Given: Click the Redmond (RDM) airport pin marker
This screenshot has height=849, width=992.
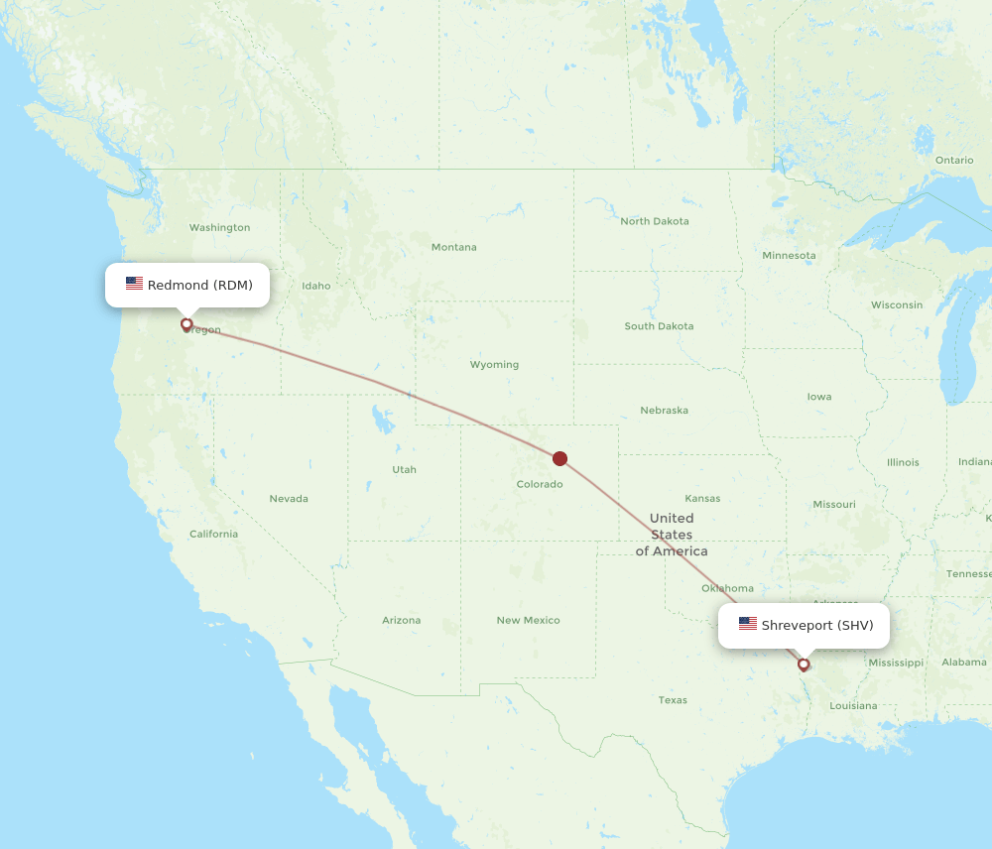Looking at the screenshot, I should click(x=186, y=324).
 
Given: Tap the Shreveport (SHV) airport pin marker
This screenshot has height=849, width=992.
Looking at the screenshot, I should click(x=804, y=665).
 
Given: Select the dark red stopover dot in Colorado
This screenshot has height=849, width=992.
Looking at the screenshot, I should click(x=559, y=458).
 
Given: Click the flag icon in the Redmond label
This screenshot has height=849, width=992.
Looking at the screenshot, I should click(x=134, y=285).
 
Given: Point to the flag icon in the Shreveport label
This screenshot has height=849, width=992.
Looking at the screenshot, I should click(x=748, y=625).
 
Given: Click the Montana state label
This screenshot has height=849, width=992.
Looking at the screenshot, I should click(x=453, y=247).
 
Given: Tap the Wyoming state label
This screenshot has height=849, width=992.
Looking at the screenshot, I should click(x=494, y=364).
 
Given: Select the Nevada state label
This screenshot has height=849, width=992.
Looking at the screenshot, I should click(x=289, y=498).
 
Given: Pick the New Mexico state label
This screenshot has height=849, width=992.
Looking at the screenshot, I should click(x=528, y=620).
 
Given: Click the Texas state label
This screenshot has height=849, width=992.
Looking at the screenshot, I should click(x=673, y=700).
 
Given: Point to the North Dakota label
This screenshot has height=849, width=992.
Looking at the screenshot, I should click(x=655, y=221).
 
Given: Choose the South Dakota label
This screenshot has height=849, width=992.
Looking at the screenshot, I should click(x=659, y=326).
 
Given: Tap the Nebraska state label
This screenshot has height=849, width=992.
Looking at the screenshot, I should click(x=664, y=410).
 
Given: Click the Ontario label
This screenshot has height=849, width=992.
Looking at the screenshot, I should click(x=954, y=160).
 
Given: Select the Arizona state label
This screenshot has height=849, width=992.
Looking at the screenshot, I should click(x=401, y=620).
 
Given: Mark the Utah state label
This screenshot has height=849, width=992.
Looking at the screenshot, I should click(x=404, y=469).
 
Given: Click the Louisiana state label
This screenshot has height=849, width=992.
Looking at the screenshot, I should click(x=853, y=705).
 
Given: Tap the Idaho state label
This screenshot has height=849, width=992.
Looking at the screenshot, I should click(x=316, y=286).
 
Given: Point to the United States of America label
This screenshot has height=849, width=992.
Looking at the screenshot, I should click(x=672, y=535).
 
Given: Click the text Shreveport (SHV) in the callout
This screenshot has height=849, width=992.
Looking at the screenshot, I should click(x=817, y=625).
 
